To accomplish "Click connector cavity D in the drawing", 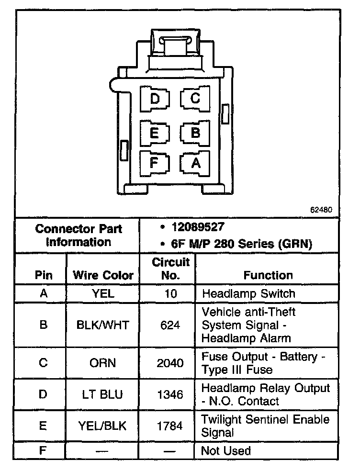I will point(155,99).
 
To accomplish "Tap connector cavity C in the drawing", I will point(195,99).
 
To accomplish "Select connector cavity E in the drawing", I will point(155,132).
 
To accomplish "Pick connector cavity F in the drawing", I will point(155,162).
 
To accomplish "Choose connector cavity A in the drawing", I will point(195,163).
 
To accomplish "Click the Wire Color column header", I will point(103,275).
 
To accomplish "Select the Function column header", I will point(268,275).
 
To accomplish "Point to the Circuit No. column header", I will point(171,269).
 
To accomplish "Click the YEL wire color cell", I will point(103,293).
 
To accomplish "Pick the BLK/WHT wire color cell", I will point(103,325).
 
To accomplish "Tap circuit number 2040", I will point(170,363).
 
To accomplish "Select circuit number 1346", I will point(170,394).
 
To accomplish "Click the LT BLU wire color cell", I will point(103,394).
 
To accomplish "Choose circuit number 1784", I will point(170,426).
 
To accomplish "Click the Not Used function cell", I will point(225,450).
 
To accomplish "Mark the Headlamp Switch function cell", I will point(248,293).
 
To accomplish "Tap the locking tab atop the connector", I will point(174,43).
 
